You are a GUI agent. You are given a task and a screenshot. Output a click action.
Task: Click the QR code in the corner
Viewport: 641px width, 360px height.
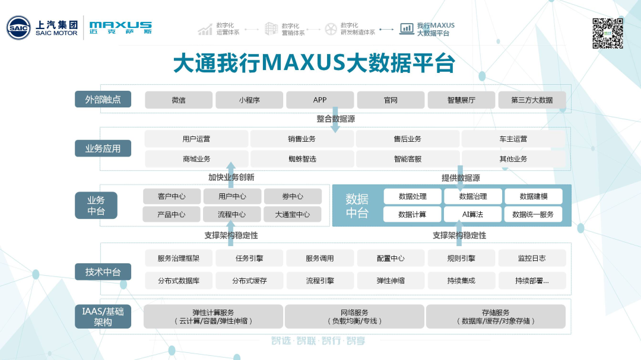[x=608, y=33]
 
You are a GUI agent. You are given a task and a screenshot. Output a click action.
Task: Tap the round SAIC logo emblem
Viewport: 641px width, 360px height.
[x=18, y=28]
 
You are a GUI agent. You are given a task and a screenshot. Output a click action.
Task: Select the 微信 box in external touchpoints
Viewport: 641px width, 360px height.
[x=179, y=100]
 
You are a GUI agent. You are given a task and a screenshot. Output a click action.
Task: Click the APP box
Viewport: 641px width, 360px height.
[x=320, y=100]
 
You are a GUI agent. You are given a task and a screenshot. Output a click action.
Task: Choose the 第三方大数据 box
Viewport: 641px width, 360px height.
[x=532, y=100]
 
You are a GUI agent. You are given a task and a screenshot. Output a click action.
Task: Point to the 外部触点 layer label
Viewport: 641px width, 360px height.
[x=103, y=99]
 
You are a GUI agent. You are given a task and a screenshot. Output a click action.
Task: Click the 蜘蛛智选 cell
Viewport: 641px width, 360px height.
[x=302, y=159]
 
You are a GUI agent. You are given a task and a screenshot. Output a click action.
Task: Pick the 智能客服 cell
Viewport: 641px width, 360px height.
[x=407, y=159]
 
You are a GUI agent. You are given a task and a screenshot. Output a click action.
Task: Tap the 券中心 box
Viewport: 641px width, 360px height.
[x=293, y=196]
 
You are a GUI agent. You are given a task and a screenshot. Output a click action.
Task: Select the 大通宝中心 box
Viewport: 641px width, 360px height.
[x=293, y=214]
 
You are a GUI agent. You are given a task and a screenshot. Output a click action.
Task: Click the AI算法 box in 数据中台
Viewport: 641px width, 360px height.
[x=473, y=214]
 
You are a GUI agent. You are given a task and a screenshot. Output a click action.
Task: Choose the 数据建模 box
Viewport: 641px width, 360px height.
[x=534, y=196]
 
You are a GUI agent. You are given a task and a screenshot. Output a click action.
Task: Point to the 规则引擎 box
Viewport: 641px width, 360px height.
[x=461, y=258]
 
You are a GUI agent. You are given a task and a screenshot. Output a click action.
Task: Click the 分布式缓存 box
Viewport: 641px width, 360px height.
[x=249, y=281]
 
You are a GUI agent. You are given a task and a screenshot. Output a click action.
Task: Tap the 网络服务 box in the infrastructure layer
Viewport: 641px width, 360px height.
[x=354, y=316]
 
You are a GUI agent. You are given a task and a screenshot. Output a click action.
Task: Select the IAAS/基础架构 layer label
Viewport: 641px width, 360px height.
[x=103, y=316]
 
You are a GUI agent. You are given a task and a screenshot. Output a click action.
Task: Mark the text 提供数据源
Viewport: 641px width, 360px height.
[x=461, y=177]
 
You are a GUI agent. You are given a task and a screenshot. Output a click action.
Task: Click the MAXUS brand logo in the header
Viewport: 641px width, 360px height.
[x=120, y=28]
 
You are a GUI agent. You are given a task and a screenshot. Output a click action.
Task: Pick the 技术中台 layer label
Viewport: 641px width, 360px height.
[x=103, y=272]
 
